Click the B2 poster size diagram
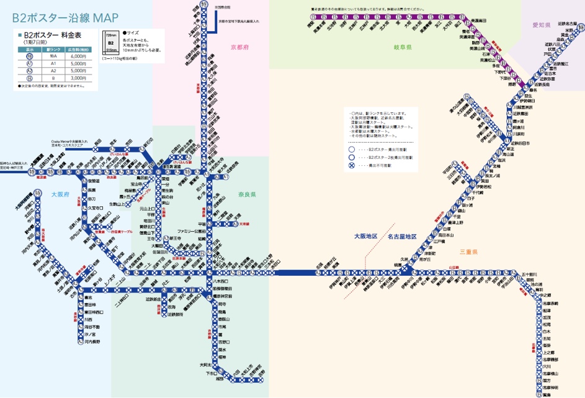pos(111,43)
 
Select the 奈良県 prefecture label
pos(248,194)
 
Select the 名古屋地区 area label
pos(401,236)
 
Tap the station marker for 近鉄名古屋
pos(579,27)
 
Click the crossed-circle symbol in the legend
pos(352,166)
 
